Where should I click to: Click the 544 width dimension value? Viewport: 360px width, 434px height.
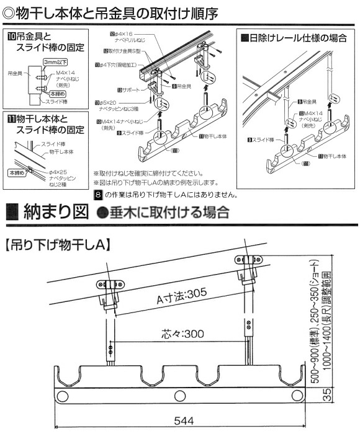coord(181,420)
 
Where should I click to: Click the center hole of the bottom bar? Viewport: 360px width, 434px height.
coord(180,396)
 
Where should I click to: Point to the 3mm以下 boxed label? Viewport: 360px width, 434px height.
coord(54,62)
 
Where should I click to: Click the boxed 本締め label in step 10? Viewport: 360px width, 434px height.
coord(54,93)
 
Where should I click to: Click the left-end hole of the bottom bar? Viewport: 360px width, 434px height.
coord(62,396)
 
